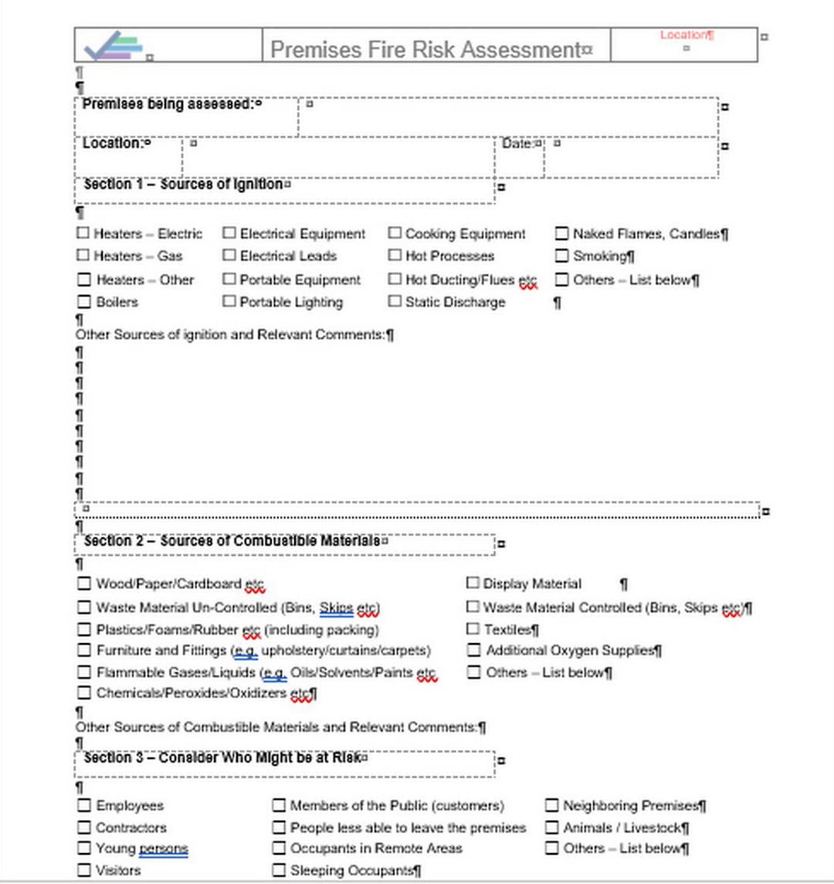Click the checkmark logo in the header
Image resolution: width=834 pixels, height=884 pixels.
point(114,46)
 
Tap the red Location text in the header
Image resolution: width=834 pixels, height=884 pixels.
point(685,35)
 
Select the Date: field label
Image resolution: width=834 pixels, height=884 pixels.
point(517,144)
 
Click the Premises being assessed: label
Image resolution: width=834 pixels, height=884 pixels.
point(168,104)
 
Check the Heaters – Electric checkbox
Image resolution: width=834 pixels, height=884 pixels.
point(83,232)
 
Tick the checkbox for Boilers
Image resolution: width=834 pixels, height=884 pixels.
point(83,301)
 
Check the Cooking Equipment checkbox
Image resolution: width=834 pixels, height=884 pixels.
point(395,232)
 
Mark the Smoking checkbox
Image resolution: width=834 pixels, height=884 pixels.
point(561,256)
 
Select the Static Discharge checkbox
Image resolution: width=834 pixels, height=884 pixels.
point(395,301)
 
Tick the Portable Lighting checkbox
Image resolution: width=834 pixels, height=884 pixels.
point(229,301)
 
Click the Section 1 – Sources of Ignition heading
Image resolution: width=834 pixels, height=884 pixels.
point(183,185)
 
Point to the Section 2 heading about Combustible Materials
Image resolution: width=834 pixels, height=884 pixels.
point(232,541)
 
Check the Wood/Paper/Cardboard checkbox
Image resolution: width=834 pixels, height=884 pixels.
point(83,584)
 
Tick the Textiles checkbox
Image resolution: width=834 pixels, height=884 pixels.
point(473,628)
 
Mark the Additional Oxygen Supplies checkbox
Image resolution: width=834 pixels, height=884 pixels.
point(473,650)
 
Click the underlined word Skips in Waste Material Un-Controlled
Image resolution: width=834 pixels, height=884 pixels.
point(336,608)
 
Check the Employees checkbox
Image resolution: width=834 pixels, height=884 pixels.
point(83,805)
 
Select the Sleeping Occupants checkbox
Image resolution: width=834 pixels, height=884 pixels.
point(279,870)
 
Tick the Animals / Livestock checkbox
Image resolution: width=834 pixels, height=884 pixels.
point(551,827)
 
